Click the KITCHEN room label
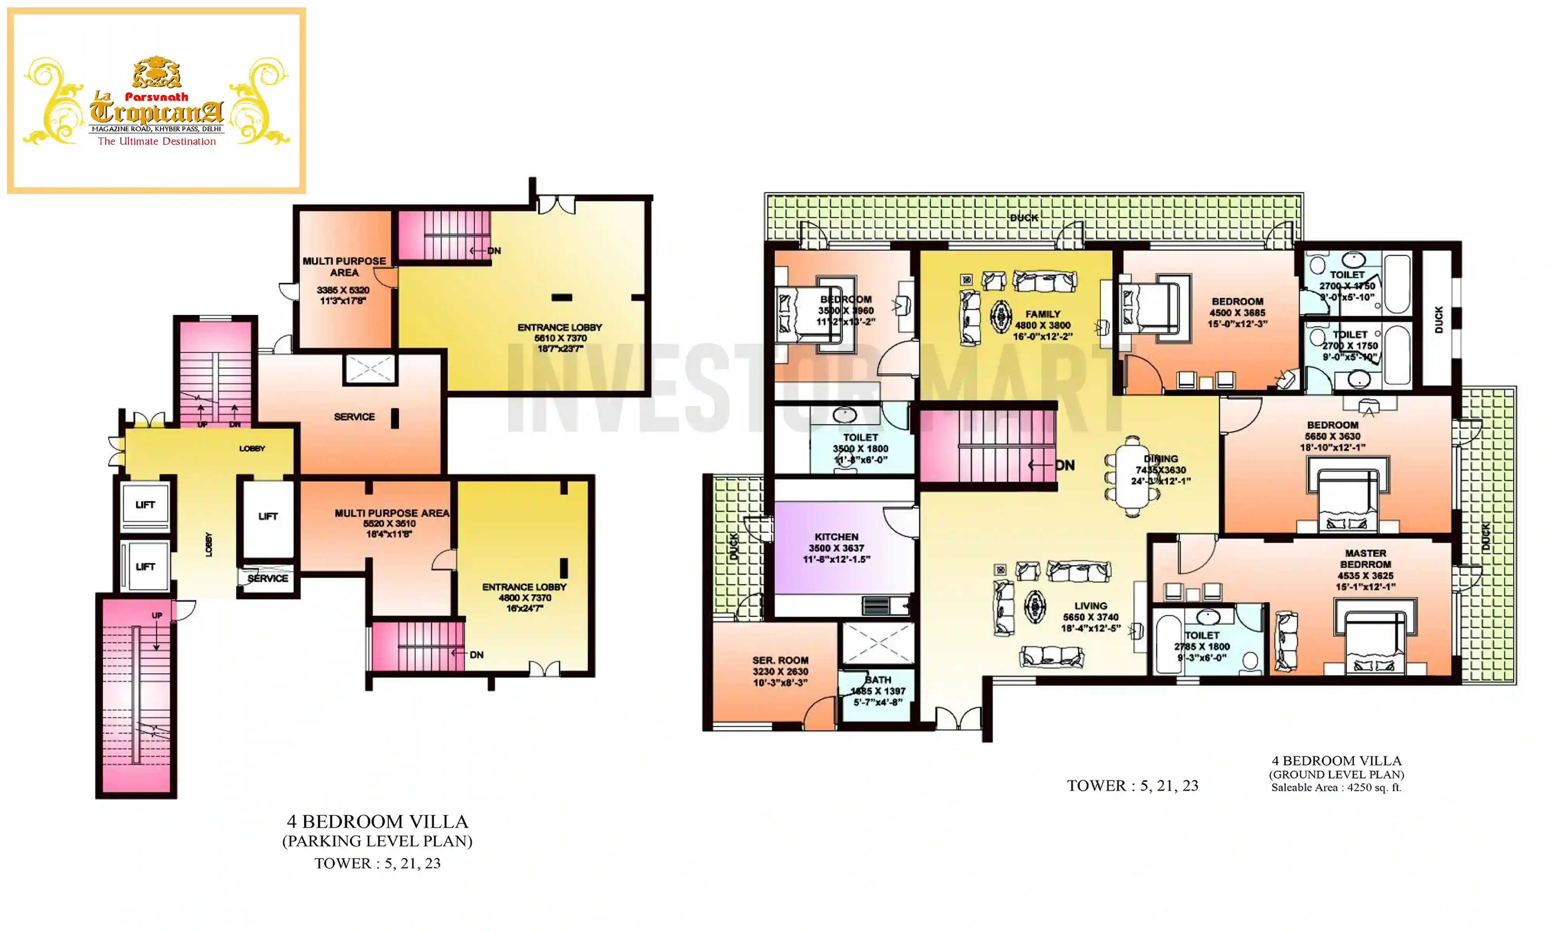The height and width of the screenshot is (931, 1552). click(x=836, y=537)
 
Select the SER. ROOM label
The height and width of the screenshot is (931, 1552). click(x=780, y=661)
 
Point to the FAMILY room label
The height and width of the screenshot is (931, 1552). click(x=1043, y=314)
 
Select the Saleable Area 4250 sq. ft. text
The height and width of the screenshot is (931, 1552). click(x=1335, y=787)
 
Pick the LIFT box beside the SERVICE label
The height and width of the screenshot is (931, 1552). click(x=268, y=516)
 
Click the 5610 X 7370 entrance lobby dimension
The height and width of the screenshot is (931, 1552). click(x=560, y=338)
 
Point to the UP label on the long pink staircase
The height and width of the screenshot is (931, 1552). click(x=157, y=616)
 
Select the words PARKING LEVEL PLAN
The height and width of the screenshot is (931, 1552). click(x=377, y=841)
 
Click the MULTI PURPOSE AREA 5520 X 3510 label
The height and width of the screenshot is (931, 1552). click(x=391, y=513)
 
